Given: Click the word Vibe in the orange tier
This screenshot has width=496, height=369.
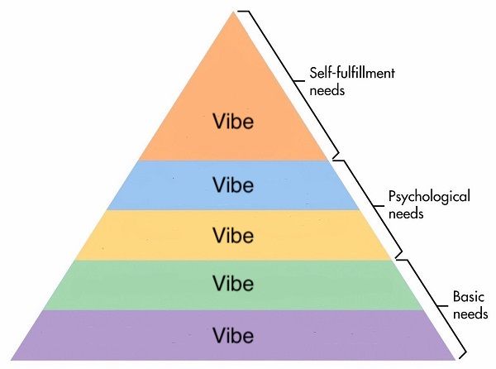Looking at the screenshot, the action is tap(233, 121).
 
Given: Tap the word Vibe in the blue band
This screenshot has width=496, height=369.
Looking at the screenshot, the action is tap(233, 184).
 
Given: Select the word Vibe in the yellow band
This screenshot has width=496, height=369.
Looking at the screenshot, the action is tap(233, 236).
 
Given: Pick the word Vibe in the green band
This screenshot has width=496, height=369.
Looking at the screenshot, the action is tap(233, 283).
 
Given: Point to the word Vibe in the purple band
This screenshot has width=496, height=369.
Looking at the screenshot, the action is tap(233, 335).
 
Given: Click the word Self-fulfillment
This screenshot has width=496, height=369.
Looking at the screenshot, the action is tap(352, 73).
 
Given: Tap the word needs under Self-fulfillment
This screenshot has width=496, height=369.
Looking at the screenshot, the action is tap(327, 90).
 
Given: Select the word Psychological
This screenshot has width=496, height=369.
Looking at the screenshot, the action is tap(429, 197).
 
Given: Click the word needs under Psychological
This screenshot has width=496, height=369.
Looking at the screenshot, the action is tap(406, 213).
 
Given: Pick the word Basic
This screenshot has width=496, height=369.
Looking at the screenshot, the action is tap(469, 297).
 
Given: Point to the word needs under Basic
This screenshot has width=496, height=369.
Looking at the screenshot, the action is tap(470, 314).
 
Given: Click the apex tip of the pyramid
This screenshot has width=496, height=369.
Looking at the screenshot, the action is tap(233, 12).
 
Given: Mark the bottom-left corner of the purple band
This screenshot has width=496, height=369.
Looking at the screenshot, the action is tap(11, 360).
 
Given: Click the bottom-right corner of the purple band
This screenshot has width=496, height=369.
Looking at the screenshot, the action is tap(455, 360).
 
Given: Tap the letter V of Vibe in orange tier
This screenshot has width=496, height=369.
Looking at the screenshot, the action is tap(219, 121).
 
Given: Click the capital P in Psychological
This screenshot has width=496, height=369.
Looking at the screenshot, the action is tap(392, 196).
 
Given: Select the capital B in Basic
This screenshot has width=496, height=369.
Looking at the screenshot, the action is tap(457, 297).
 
